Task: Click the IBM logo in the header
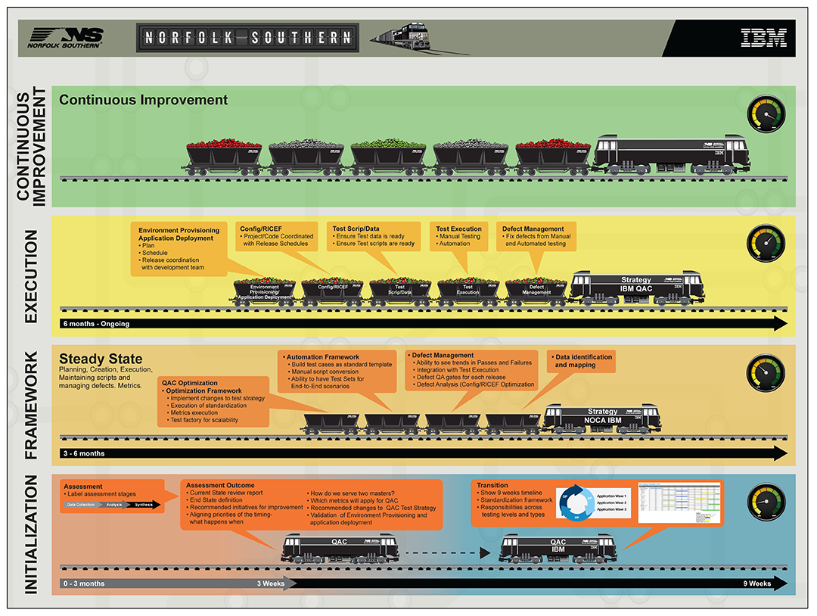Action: coord(763,38)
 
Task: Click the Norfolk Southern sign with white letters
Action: coord(247,37)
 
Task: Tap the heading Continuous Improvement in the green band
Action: coord(143,100)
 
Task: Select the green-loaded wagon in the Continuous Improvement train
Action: coord(389,155)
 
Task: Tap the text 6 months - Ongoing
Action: coord(96,324)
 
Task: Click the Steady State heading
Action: coord(101,359)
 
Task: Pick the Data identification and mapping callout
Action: coord(583,360)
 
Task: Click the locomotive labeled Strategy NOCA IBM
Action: coord(602,416)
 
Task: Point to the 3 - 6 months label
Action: coord(84,453)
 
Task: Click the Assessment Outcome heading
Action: coord(220,485)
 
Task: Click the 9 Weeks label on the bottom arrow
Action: coord(757,583)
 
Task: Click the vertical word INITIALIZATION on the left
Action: coord(31,534)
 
